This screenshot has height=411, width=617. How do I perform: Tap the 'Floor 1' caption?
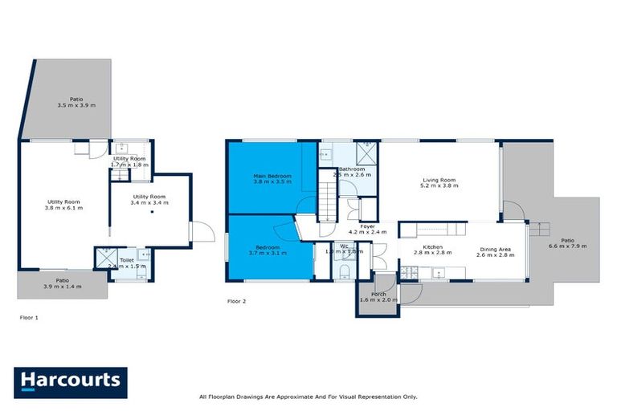click(29, 317)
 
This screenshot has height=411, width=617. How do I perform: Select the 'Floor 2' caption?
click(236, 303)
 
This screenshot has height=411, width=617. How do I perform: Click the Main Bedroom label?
click(272, 179)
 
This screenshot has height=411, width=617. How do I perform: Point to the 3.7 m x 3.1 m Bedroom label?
click(268, 250)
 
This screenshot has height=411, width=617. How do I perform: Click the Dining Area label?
click(496, 252)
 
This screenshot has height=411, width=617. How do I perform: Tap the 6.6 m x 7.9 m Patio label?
click(567, 243)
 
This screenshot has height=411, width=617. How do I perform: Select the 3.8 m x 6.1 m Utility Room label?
click(64, 205)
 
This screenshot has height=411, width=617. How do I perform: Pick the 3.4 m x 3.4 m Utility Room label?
click(149, 200)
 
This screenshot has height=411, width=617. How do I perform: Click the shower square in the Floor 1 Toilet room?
click(105, 256)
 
